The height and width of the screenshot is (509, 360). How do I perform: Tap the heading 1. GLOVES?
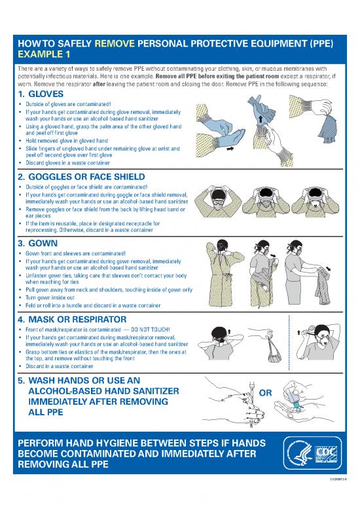coord(46,94)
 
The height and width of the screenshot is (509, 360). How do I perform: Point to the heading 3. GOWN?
coord(42,243)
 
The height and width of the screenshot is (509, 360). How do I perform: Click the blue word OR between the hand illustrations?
coord(266,393)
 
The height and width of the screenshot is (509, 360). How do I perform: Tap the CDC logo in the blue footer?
coord(326,453)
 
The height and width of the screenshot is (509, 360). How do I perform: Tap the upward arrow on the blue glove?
coord(260,120)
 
